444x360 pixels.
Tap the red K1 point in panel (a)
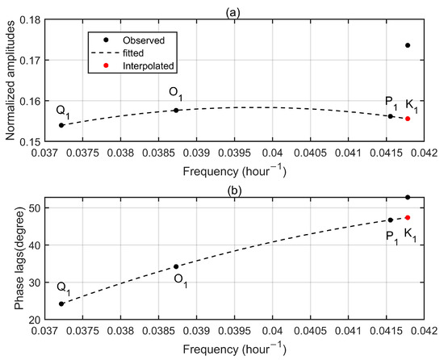pos(408,119)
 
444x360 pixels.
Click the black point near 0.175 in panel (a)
pos(408,45)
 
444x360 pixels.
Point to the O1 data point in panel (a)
pos(176,110)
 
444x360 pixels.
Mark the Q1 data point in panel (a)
pos(61,125)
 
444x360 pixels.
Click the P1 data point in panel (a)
pos(391,116)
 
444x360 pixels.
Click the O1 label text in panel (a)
pos(176,92)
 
